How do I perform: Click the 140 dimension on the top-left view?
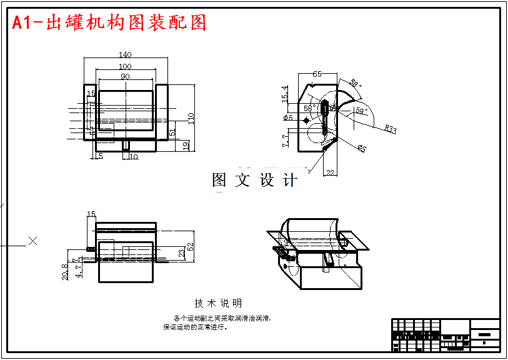click(124, 55)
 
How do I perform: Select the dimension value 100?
click(124, 66)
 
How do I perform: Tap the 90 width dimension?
click(124, 76)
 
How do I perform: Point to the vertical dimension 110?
click(191, 118)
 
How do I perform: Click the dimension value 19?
click(186, 146)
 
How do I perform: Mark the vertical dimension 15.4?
click(285, 94)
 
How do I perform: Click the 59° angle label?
click(360, 111)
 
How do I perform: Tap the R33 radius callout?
click(390, 129)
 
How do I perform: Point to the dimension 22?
click(330, 172)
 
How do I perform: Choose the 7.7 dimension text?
click(285, 141)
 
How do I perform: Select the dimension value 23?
click(181, 253)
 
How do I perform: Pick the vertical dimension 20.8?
click(66, 272)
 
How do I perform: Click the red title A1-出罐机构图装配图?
click(109, 23)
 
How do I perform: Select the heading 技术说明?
click(218, 303)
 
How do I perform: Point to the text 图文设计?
click(255, 181)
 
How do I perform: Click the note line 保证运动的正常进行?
click(196, 327)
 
